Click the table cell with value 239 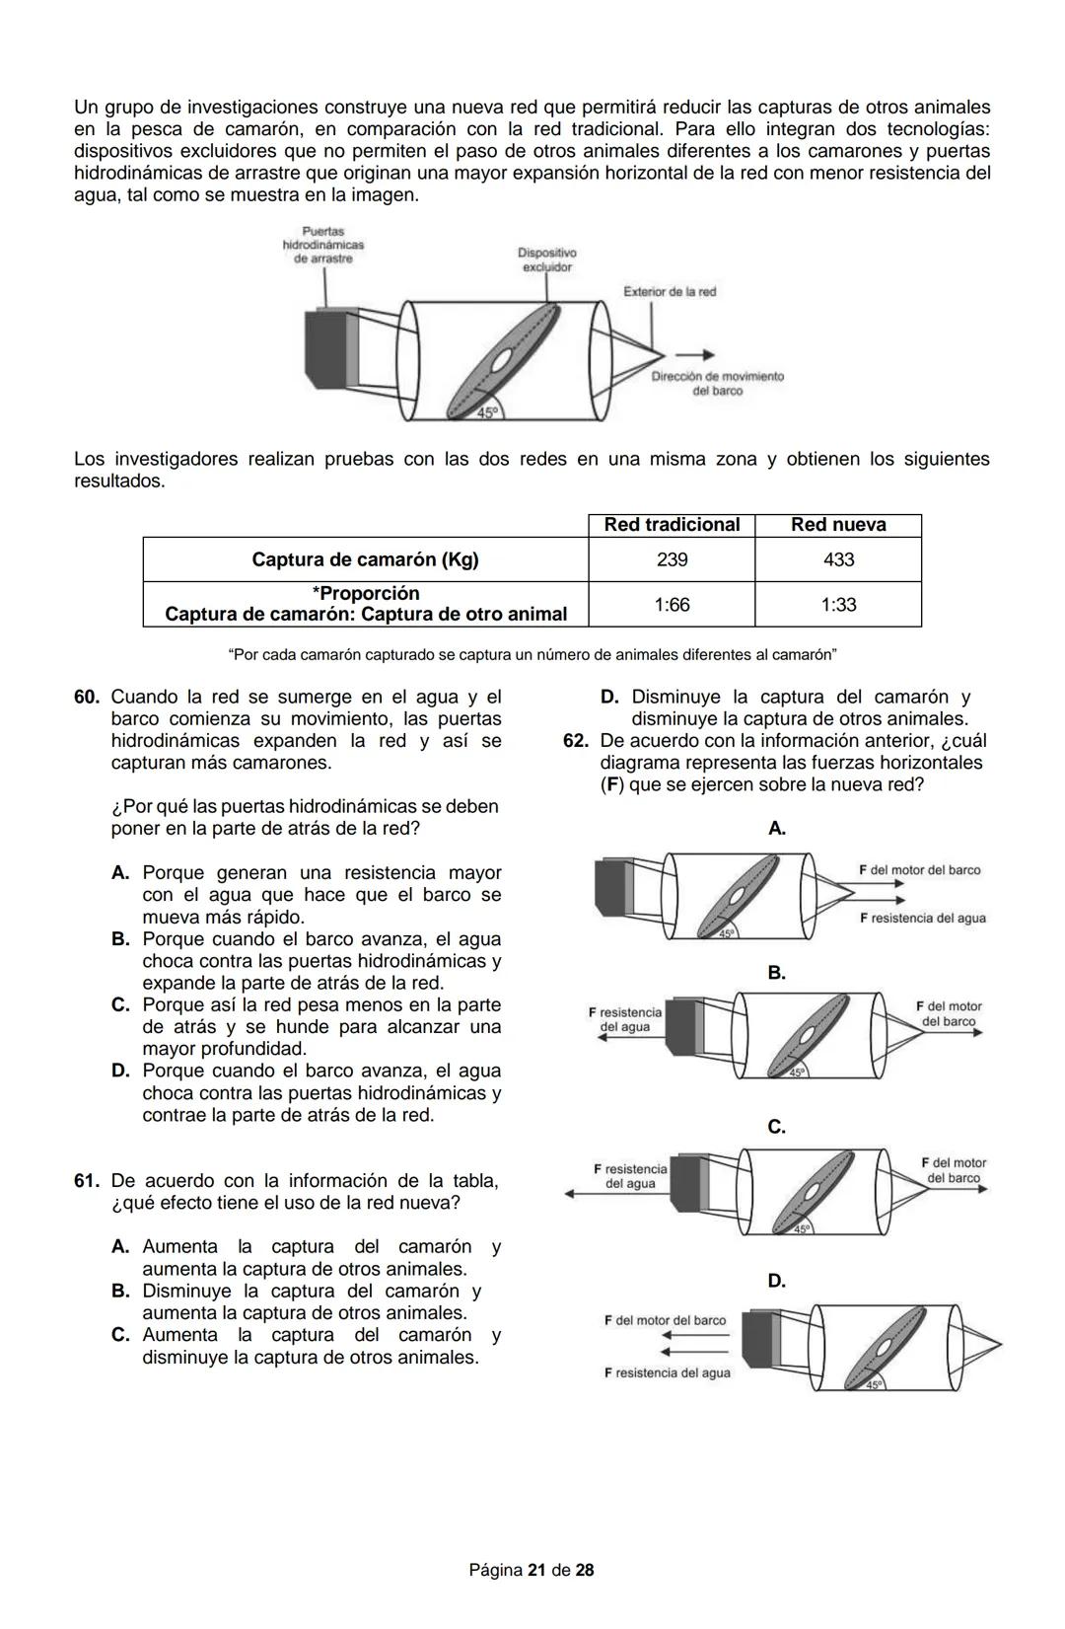click(672, 559)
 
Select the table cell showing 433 click(838, 559)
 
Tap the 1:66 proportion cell click(672, 604)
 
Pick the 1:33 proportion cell click(838, 604)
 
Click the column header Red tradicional click(672, 525)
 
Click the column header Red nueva click(838, 525)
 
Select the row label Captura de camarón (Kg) click(365, 559)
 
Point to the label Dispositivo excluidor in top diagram click(546, 259)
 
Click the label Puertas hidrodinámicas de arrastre click(322, 245)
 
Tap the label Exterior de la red click(670, 292)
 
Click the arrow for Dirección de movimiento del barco click(694, 355)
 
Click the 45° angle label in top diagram click(488, 412)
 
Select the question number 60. click(87, 697)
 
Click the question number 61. click(87, 1181)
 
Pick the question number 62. click(576, 741)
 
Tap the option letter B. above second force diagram click(776, 973)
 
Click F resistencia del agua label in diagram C click(630, 1176)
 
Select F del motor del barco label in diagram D click(665, 1320)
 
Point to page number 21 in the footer click(536, 1570)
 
